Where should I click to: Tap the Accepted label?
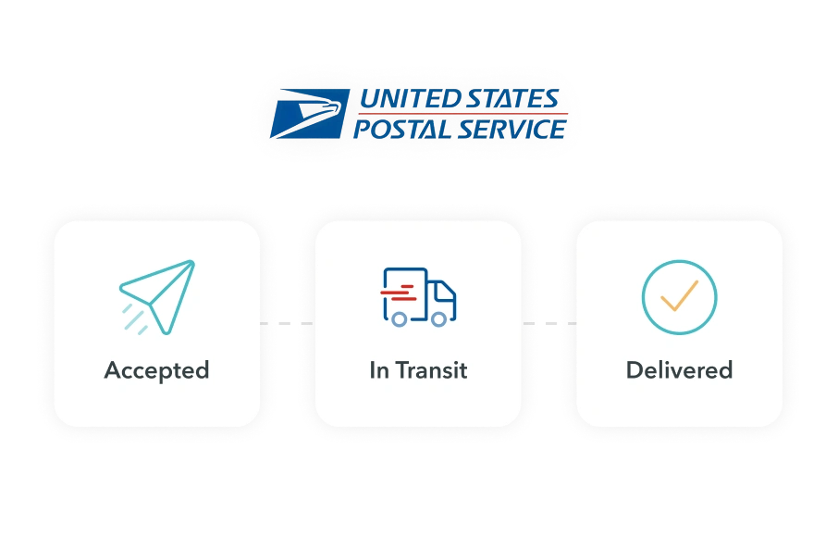[x=156, y=370]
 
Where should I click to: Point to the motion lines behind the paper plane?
[x=135, y=318]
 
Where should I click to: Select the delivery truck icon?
[x=419, y=296]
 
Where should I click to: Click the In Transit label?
[x=418, y=370]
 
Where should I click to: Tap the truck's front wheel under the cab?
[x=439, y=318]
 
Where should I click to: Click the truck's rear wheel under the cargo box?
[x=399, y=318]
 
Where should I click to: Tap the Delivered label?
[x=679, y=370]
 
